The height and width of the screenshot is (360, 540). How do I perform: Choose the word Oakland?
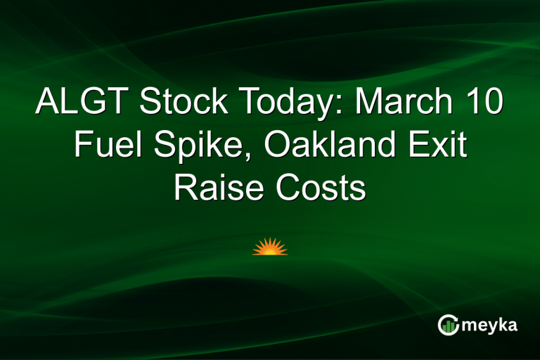[x=329, y=147]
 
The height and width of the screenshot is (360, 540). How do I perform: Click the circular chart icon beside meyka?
[x=448, y=324]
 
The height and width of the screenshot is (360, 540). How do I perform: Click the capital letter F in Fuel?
[x=82, y=147]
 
